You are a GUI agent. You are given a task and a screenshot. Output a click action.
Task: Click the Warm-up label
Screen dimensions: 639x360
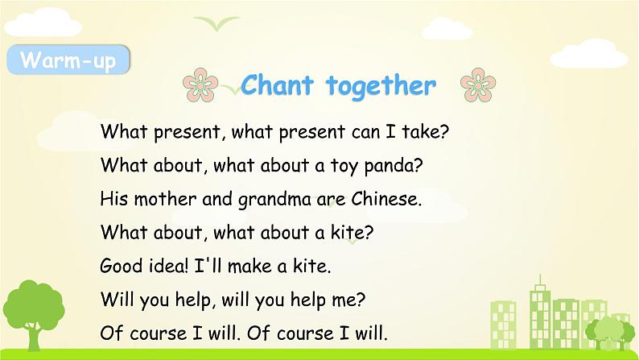[68, 60]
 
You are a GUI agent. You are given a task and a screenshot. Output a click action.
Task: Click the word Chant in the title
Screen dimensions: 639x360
[277, 85]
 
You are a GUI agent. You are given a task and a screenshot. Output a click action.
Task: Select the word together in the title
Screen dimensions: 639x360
[381, 86]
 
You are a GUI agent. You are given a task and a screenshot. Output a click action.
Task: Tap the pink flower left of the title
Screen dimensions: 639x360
[200, 85]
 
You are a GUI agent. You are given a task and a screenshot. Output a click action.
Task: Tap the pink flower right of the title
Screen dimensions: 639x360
[478, 85]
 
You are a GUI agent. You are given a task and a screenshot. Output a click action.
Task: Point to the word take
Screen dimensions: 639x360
[425, 132]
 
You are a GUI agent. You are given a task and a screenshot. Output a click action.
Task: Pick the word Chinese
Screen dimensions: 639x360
[386, 199]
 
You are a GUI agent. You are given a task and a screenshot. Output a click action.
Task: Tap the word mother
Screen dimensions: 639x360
[165, 199]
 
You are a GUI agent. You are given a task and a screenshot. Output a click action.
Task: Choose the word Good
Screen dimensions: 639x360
[121, 266]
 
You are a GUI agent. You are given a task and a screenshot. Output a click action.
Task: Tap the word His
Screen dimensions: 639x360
[114, 199]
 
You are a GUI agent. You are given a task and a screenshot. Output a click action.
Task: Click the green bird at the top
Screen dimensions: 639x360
[216, 23]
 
